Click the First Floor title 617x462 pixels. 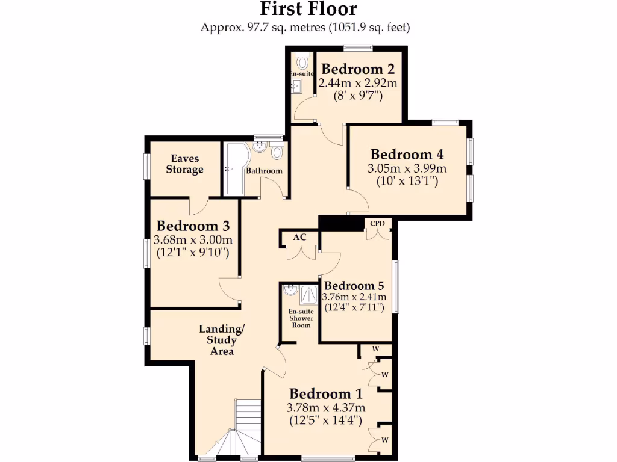tap(308, 9)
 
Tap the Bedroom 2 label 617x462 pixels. tap(352, 69)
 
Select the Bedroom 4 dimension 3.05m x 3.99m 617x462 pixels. tap(407, 168)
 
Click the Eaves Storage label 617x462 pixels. tap(185, 164)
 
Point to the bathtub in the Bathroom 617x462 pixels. tap(233, 169)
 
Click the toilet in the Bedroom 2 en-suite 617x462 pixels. tap(302, 61)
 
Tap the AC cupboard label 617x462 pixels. tap(299, 237)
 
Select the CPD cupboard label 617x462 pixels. tap(378, 224)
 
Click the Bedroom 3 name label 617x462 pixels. tap(193, 226)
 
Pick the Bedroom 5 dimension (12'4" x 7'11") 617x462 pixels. tap(354, 308)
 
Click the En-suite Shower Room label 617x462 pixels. tap(301, 318)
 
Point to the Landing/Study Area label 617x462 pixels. tap(222, 340)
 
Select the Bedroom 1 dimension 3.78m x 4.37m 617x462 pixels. tap(325, 408)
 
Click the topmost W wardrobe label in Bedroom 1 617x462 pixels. tap(375, 348)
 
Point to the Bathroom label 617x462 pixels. tap(264, 171)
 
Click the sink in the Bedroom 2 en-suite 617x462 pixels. tap(296, 87)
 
